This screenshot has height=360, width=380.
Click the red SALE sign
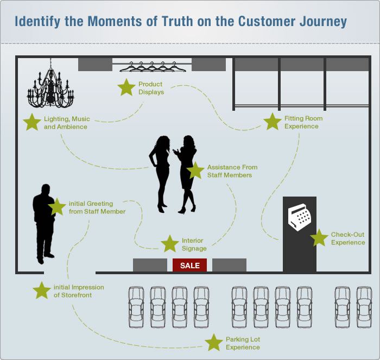[189, 266]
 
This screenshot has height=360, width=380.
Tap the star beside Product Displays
[126, 87]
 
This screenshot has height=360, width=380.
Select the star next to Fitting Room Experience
[272, 122]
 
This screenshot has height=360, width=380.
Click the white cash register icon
[299, 217]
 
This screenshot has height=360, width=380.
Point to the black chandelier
[50, 87]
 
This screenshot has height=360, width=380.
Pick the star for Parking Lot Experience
[214, 343]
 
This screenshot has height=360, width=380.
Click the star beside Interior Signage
[170, 244]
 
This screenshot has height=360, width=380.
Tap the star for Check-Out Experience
[319, 238]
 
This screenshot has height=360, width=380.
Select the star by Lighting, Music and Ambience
[32, 122]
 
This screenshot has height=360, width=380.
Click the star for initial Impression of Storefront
[42, 290]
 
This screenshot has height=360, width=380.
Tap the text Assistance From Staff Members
[232, 171]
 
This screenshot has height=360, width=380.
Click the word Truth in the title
[194, 22]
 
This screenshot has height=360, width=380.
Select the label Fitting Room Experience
[303, 122]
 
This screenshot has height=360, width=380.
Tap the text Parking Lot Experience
[243, 343]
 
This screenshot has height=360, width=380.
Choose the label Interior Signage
[194, 244]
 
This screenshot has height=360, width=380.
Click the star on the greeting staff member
[56, 206]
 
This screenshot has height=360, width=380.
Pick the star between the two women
[195, 170]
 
